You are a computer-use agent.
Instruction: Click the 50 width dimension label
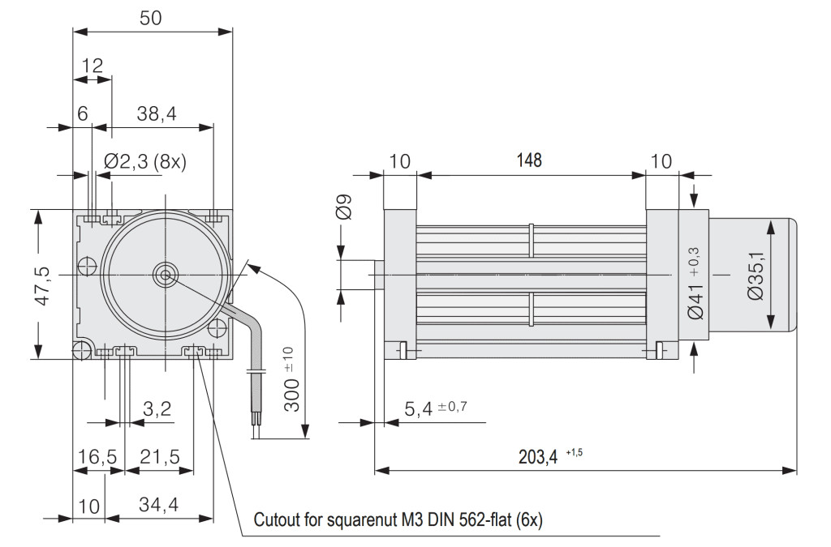click(x=150, y=18)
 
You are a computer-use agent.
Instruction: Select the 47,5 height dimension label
click(x=42, y=286)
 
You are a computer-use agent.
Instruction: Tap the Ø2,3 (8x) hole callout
click(x=145, y=160)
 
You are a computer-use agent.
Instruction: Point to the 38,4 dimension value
click(x=157, y=113)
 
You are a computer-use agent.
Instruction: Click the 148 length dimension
click(x=529, y=160)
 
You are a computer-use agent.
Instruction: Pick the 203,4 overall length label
click(x=538, y=456)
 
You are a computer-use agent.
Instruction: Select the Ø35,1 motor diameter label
click(x=756, y=276)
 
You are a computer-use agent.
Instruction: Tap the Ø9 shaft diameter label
click(x=344, y=207)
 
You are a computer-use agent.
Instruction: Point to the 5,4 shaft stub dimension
click(x=419, y=409)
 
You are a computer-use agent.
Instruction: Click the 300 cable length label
click(x=291, y=394)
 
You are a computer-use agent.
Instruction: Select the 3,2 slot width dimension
click(x=157, y=408)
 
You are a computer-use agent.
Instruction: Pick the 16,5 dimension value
click(x=97, y=456)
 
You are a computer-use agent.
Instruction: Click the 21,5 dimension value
click(x=160, y=456)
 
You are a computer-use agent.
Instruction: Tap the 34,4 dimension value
click(x=158, y=505)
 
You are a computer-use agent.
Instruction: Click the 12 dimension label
click(x=93, y=66)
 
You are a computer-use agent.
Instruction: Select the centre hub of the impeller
click(x=165, y=275)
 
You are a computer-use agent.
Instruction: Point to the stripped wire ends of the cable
click(x=256, y=429)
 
